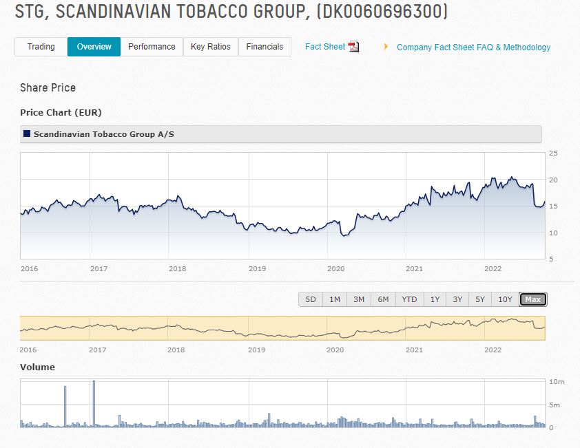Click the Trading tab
pos(41,47)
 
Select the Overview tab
pos(94,47)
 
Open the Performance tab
pos(152,47)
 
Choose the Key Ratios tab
pos(210,47)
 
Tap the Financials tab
pos(265,47)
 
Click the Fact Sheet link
pos(324,47)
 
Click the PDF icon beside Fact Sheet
pos(353,47)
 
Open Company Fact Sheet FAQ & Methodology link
pos(473,47)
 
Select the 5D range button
pos(311,299)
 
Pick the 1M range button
pos(335,299)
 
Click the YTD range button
pos(409,299)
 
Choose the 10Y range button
pos(505,299)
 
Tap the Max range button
pos(532,299)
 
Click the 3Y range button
pos(457,299)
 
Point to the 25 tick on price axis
pos(553,153)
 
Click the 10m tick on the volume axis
pos(557,381)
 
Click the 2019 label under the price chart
pos(257,268)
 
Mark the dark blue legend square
pos(27,134)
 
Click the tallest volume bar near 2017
pos(94,403)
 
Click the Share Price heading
pos(48,88)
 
